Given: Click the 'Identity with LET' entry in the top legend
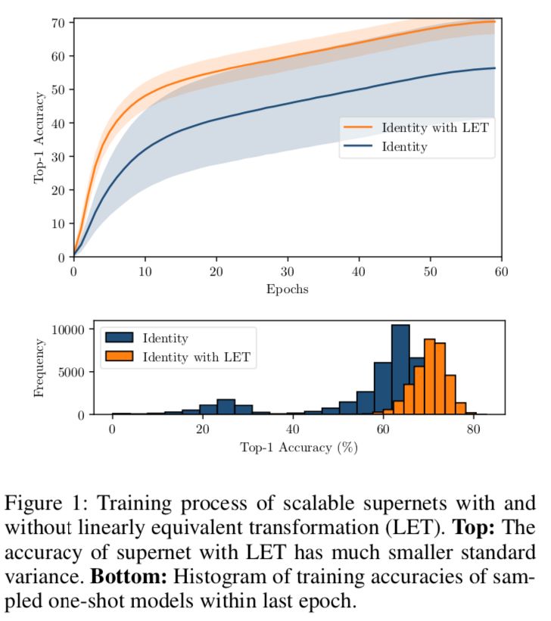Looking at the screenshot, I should coord(434,128).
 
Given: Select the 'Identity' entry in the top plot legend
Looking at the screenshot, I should coord(405,147).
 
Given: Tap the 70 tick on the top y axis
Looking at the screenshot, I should coord(58,22).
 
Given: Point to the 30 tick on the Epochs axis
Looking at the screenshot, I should coord(288,271).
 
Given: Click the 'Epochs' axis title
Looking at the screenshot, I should coord(287,289).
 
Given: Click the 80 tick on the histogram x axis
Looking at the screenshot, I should coord(472,429).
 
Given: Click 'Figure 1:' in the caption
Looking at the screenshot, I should coord(48,504).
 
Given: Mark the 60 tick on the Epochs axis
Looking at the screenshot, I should coord(502,271).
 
